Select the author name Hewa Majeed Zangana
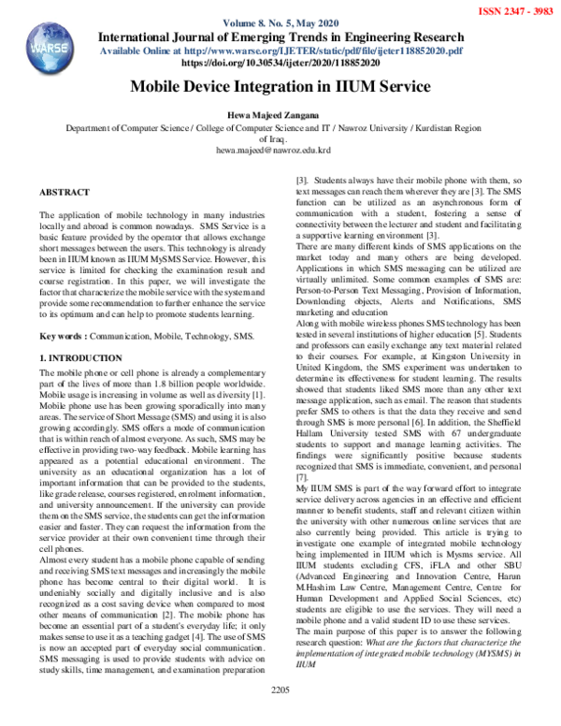[280, 112]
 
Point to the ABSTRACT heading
[65, 191]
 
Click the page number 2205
[280, 716]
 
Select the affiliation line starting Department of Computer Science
[280, 126]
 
